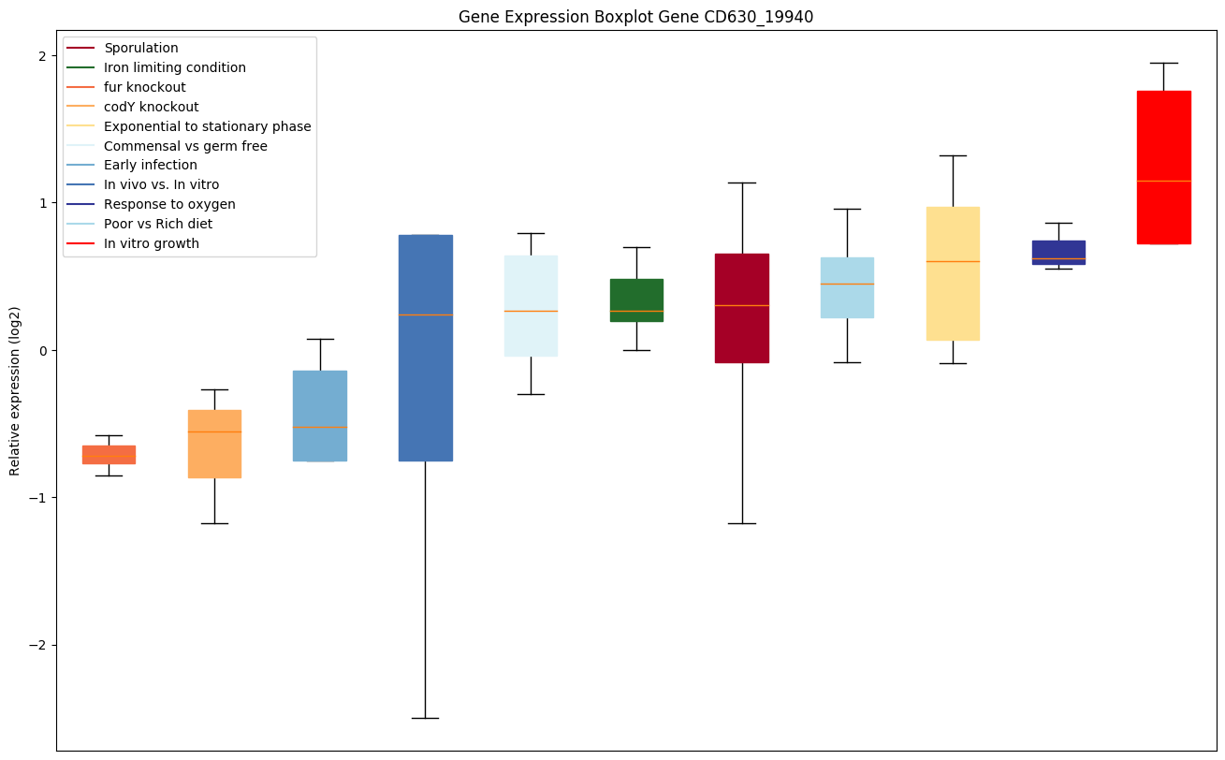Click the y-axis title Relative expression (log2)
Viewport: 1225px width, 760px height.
(15, 390)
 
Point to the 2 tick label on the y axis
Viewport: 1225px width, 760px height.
(42, 56)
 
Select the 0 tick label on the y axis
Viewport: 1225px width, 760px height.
(42, 351)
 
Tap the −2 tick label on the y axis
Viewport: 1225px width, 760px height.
(38, 646)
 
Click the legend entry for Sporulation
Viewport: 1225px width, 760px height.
(141, 48)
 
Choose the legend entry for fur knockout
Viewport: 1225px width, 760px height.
(145, 87)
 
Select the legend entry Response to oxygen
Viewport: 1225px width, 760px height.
(169, 204)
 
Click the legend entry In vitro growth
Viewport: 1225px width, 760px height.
(152, 243)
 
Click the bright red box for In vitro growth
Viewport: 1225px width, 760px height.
(1163, 167)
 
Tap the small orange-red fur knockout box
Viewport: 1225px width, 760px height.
(109, 454)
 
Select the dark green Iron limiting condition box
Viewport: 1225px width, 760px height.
(636, 300)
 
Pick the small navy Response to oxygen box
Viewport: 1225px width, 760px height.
(1058, 252)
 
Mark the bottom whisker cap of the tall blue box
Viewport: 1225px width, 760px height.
(426, 718)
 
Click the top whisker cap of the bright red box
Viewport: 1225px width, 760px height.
(1163, 63)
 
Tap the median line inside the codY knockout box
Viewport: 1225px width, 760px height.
(214, 431)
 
